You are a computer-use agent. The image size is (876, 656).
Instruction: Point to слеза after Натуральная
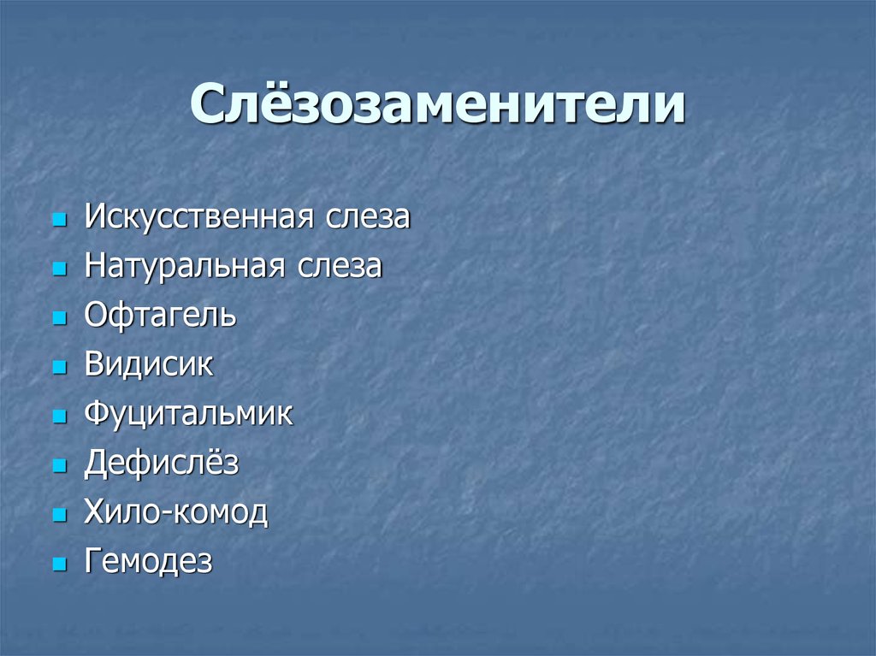click(x=340, y=267)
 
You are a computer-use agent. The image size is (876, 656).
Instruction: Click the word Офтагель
click(x=160, y=316)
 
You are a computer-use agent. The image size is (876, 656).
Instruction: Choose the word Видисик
click(x=149, y=365)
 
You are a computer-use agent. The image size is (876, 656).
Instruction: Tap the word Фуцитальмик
click(x=188, y=415)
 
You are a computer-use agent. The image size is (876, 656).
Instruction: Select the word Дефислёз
click(x=161, y=464)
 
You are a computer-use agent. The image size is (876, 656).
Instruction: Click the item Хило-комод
click(x=175, y=514)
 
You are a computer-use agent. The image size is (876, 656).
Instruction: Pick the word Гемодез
click(x=148, y=563)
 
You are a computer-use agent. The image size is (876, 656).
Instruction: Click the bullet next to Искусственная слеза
click(x=58, y=220)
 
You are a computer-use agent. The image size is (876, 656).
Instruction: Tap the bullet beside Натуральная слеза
click(x=58, y=269)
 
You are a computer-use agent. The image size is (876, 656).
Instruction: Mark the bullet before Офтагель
click(x=58, y=318)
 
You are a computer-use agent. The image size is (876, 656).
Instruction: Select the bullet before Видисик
click(x=58, y=368)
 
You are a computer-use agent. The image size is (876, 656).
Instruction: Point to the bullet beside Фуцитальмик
click(x=58, y=417)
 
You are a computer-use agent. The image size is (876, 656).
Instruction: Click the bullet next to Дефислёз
click(x=58, y=467)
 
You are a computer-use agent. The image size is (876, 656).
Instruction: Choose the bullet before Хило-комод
click(x=58, y=517)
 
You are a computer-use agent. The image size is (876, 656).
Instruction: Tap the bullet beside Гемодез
click(x=58, y=565)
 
